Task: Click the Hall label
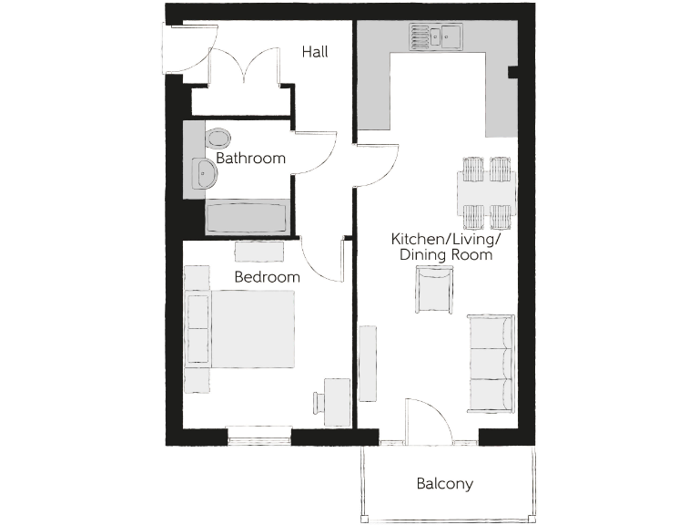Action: point(315,52)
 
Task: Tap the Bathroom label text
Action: point(250,158)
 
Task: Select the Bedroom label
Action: point(267,277)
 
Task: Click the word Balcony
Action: point(444,484)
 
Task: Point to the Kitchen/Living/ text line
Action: point(446,239)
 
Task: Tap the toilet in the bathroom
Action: point(218,138)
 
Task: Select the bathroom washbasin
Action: point(204,171)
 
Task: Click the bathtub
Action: point(247,219)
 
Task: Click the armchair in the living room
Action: point(433,291)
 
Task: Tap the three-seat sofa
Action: point(491,362)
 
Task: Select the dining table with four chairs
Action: point(485,192)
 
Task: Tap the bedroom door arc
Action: point(321,260)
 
